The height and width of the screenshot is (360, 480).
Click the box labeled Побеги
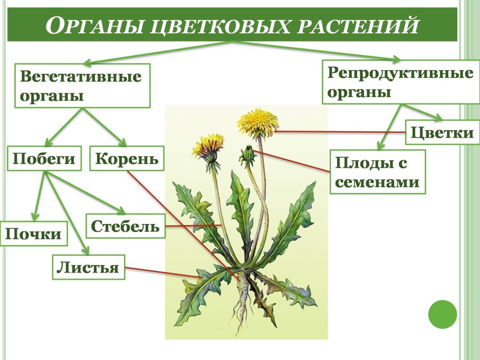44,158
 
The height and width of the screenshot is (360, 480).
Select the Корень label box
127,158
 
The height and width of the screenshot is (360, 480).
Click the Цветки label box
442,132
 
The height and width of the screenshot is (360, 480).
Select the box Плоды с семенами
378,172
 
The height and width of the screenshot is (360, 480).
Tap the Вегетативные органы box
82,86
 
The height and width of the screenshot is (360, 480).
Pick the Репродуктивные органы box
400,82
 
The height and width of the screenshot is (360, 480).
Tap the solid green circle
442,314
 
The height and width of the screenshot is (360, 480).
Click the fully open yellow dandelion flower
257,122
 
